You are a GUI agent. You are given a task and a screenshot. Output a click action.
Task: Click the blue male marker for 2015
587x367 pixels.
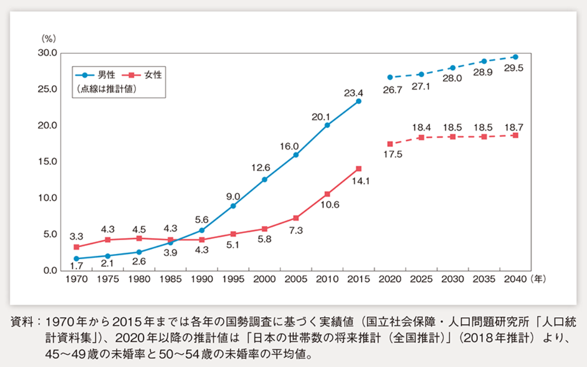(x=358, y=101)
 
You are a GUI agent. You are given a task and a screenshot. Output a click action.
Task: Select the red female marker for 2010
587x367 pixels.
(x=327, y=194)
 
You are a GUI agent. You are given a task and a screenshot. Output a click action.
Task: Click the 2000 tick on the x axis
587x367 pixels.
(x=264, y=279)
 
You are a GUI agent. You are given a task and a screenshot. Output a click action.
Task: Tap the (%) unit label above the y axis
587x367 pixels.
(x=49, y=38)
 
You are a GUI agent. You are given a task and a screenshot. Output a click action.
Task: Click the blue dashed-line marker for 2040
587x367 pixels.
(x=515, y=57)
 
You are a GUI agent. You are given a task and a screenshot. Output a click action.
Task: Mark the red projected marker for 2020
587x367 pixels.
(x=390, y=144)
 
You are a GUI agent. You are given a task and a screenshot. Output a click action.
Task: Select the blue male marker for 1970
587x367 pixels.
(x=77, y=259)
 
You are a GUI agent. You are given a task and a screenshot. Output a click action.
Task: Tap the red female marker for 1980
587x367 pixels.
(x=139, y=238)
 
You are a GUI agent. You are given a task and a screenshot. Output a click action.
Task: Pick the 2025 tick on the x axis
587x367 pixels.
(x=421, y=279)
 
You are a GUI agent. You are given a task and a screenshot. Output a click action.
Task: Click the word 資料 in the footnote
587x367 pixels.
(x=22, y=322)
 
